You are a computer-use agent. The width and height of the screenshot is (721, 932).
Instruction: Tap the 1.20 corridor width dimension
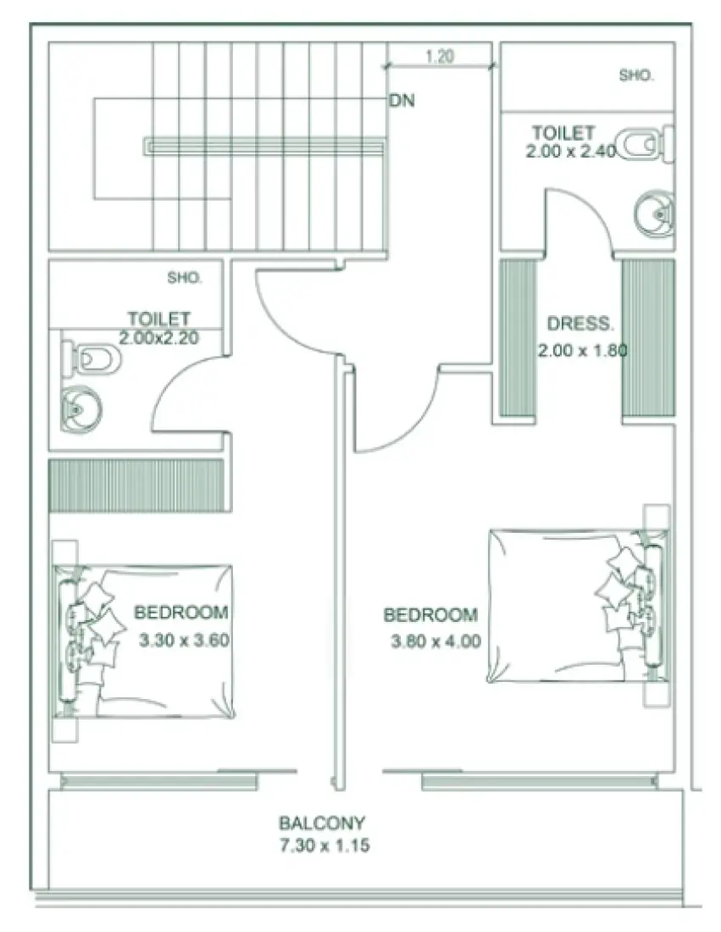[x=439, y=58]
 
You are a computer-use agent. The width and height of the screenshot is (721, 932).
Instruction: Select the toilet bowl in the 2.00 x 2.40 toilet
[x=637, y=145]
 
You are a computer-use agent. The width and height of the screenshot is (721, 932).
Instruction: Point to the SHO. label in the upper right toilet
[x=636, y=75]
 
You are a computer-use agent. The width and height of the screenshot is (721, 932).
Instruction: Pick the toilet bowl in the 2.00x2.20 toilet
[x=95, y=359]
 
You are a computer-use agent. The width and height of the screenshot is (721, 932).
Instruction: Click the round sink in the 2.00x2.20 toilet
[x=79, y=409]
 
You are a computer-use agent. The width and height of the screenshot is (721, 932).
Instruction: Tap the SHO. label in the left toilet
[x=184, y=276]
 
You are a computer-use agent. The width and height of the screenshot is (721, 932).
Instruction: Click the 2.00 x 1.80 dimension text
[x=581, y=349]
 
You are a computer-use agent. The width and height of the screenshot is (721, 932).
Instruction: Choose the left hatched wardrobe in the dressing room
[x=518, y=337]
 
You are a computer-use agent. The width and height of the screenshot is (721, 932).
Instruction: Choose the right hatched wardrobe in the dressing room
[x=648, y=337]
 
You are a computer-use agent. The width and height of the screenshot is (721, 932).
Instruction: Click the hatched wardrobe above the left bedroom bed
[x=136, y=485]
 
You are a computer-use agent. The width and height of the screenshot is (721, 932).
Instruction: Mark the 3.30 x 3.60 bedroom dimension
[x=184, y=641]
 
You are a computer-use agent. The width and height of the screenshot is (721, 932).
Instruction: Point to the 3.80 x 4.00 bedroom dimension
[x=435, y=641]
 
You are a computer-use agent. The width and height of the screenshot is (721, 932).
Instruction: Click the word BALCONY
[x=322, y=823]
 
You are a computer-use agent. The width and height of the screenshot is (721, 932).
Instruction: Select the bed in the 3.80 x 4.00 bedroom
[x=568, y=606]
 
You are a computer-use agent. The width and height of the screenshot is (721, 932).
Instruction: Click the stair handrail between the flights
[x=264, y=147]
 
